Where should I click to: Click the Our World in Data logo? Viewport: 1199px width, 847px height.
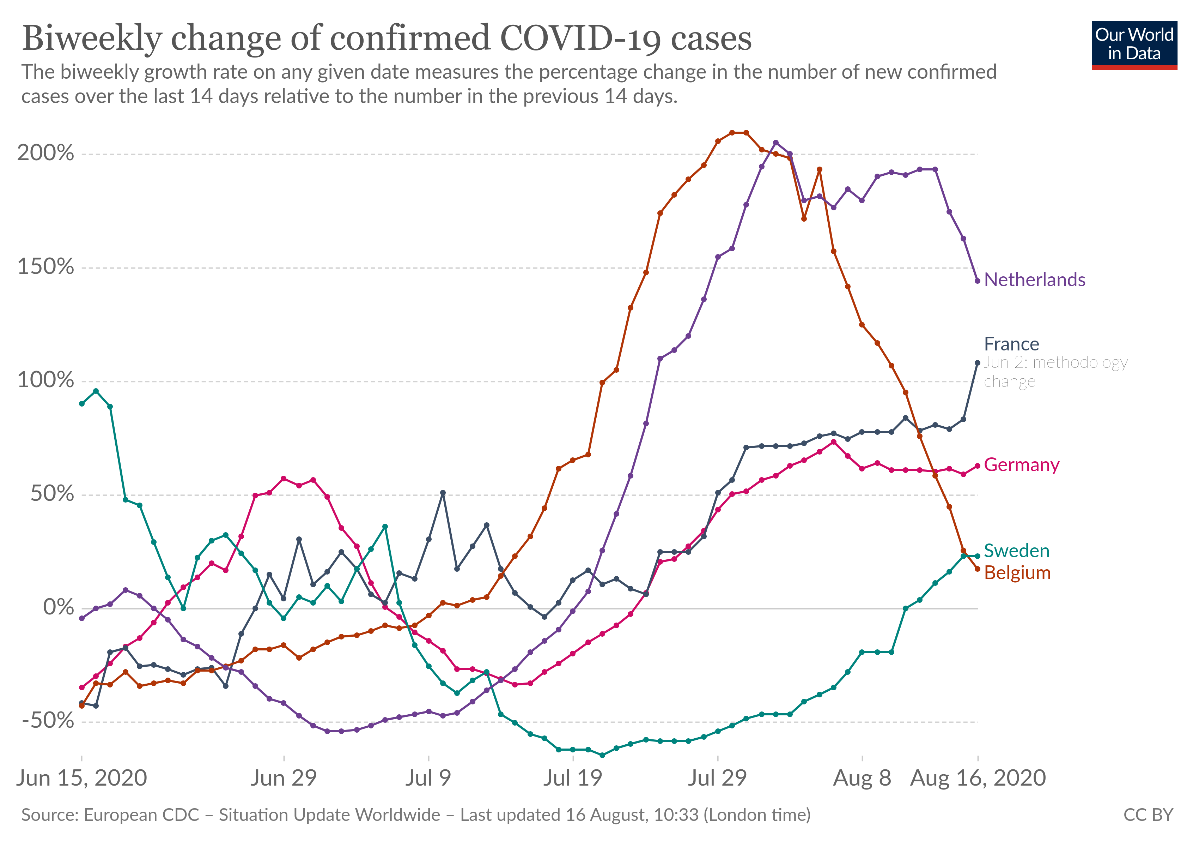pos(1134,45)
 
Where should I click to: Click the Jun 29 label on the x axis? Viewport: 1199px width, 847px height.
pos(284,778)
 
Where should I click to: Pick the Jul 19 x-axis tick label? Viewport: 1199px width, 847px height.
pos(573,778)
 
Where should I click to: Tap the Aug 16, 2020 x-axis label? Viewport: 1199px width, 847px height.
pos(978,778)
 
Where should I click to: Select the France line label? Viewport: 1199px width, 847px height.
pos(1011,344)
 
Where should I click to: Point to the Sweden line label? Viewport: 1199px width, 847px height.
pos(1016,551)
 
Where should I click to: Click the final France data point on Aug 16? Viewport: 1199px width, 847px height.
pos(978,363)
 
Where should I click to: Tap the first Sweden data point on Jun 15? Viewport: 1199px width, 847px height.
pos(81,403)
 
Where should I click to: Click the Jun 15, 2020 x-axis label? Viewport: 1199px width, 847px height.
pos(81,778)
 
